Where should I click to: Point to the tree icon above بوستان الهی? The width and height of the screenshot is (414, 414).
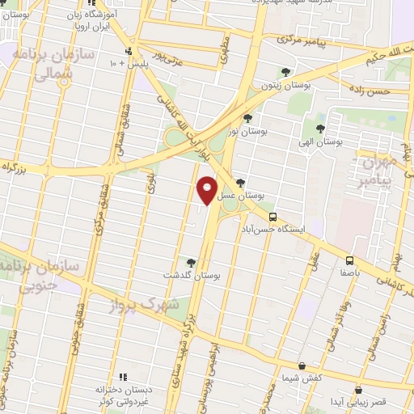pyautogui.click(x=321, y=128)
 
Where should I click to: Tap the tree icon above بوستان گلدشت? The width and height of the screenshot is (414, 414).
pyautogui.click(x=191, y=262)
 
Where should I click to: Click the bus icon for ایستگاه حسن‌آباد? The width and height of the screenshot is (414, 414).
pyautogui.click(x=273, y=217)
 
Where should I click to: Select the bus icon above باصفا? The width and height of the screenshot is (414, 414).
pyautogui.click(x=350, y=260)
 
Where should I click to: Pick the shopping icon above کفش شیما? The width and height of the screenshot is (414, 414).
pyautogui.click(x=301, y=366)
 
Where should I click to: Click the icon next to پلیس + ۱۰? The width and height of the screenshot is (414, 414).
pyautogui.click(x=127, y=51)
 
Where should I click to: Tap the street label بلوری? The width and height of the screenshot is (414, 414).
pyautogui.click(x=150, y=184)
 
